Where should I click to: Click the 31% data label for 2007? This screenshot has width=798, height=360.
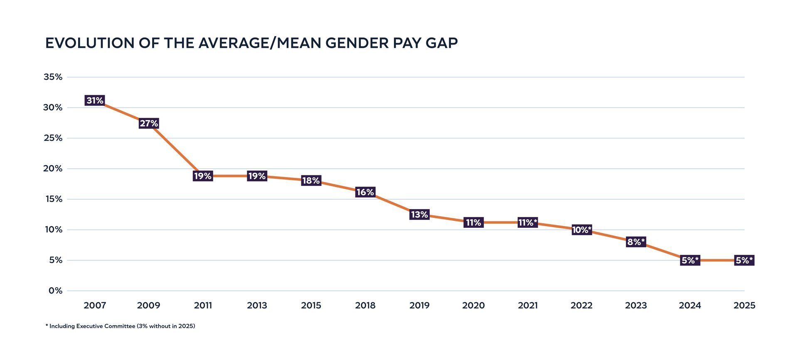pos(95,101)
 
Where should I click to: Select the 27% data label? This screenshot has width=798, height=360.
pos(149,123)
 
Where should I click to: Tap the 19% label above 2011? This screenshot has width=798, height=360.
pos(203,176)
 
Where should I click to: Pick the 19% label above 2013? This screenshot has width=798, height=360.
pos(257,176)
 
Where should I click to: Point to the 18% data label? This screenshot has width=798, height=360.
pos(311,180)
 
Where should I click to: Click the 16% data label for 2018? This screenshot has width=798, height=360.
pos(365,192)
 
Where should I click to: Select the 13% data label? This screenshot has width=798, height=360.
pos(419,215)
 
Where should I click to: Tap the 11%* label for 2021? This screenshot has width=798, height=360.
pos(528,222)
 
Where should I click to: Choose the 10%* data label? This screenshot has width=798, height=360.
pos(581,230)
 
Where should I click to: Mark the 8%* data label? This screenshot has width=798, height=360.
pos(636,242)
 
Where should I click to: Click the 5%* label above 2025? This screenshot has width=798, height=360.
pos(744,260)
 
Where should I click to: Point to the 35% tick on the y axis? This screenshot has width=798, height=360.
pos(53,77)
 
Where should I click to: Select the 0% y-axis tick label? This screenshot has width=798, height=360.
pos(55,291)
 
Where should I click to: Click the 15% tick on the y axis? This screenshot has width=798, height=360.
pos(54,199)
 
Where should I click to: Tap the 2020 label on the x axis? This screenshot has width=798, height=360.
pos(473,306)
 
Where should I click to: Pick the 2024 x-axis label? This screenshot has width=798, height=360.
pos(690,306)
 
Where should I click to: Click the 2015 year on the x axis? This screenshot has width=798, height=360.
pos(311,306)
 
